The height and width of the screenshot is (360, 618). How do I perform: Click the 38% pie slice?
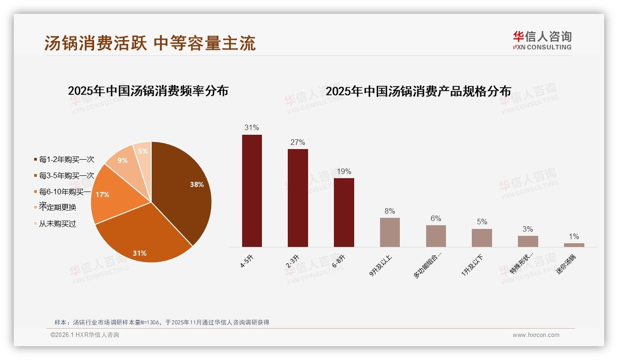[x=184, y=189]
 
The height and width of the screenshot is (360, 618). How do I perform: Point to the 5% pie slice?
[x=143, y=151]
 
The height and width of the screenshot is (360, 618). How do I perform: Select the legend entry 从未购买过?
[x=57, y=224]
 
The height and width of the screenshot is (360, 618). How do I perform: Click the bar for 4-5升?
[x=252, y=191]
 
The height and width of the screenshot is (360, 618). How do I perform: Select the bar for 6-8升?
[x=344, y=212]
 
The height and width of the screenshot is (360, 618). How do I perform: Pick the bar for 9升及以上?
[x=390, y=232]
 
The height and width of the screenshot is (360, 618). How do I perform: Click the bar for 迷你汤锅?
[x=574, y=245]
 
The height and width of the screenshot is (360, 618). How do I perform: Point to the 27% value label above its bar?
[x=297, y=142]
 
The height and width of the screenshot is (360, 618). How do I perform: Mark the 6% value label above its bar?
[x=436, y=219]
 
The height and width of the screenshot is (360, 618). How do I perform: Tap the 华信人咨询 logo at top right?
[x=542, y=40]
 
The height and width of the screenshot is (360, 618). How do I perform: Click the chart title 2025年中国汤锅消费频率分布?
[x=148, y=91]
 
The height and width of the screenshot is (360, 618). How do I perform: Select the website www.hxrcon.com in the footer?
[x=536, y=335]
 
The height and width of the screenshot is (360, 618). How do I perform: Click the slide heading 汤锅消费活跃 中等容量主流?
[x=150, y=43]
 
